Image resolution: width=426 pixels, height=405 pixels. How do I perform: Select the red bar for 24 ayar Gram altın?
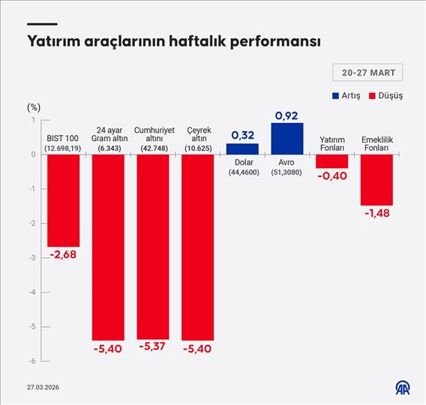pos(108,247)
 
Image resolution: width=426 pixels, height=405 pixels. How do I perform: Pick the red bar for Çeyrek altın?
pos(197,247)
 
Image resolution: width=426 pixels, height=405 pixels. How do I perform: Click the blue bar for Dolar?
pos(242,148)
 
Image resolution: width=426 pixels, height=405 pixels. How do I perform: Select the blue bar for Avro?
pos(286,138)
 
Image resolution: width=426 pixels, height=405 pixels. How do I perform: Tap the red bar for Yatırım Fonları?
pos(331,161)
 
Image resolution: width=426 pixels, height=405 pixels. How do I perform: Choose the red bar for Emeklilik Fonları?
pos(376,179)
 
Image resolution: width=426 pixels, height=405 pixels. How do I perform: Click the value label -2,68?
pos(63,255)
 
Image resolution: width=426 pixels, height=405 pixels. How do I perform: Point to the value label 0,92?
pos(286,115)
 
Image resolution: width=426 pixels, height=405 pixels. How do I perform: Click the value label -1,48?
pos(376,214)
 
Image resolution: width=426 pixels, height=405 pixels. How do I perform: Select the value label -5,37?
pos(153,349)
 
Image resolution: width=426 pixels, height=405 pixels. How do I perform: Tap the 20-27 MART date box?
pos(367,73)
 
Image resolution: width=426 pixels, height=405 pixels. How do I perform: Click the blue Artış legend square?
pos(334,96)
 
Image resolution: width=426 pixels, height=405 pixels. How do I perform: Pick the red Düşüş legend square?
pos(372,96)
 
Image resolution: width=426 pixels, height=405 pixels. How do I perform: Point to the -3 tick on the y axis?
pos(32,257)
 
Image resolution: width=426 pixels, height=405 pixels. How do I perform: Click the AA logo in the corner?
pos(403,387)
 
